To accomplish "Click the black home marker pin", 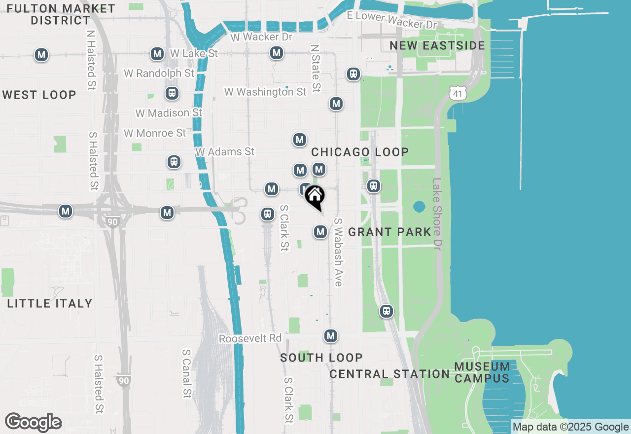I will coord(315,196).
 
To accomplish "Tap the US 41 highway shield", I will coord(458,92).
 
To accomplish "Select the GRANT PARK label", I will coord(390,232).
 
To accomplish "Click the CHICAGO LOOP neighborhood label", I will coord(360,152).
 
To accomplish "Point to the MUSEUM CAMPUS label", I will coord(482,372).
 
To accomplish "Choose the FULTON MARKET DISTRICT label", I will coord(61,15).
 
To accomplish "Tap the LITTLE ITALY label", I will coord(50,303).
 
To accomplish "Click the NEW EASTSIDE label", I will coord(437,46).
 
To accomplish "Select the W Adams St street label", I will coord(225,152).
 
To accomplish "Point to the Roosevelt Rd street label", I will coord(250,339).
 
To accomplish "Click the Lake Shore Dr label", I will coord(437,214).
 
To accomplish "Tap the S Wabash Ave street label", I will coord(338,252).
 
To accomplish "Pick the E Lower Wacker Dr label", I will coord(392,20).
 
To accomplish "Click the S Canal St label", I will coord(186,374).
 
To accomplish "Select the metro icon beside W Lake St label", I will coord(157,54).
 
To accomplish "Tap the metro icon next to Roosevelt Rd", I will coord(331,336).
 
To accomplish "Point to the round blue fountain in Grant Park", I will coord(419,206).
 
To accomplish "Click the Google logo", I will coord(34,423).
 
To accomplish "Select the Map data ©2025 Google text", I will coord(570,427).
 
